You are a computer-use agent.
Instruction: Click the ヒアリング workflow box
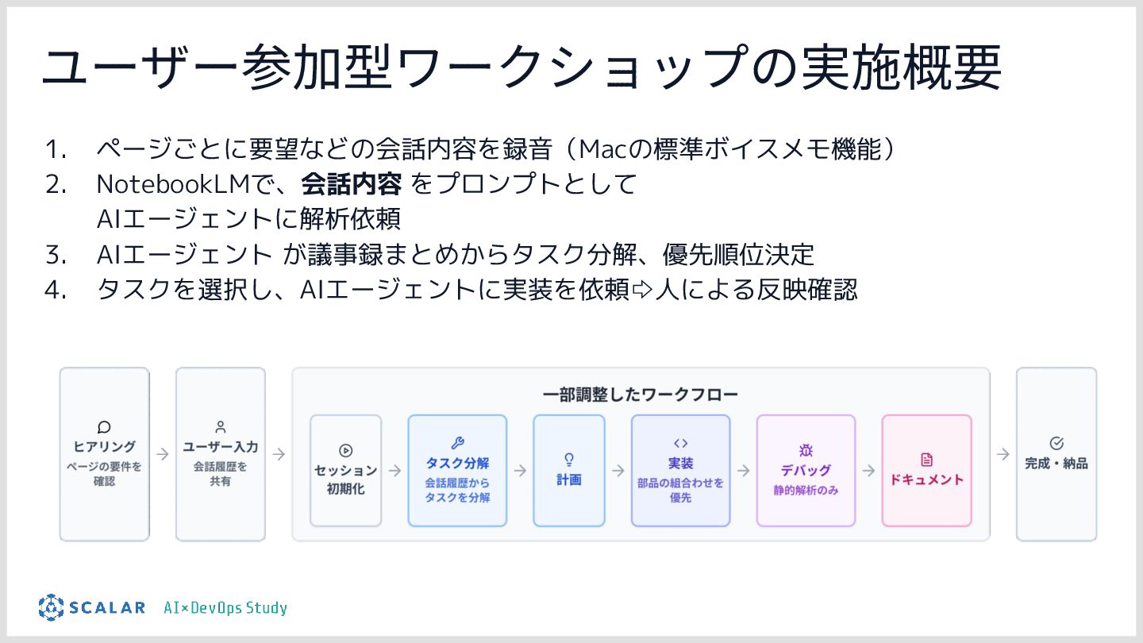tap(104, 454)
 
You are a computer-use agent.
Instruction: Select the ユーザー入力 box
tap(220, 454)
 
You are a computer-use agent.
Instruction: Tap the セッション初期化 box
tap(345, 470)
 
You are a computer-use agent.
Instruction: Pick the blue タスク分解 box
tap(457, 470)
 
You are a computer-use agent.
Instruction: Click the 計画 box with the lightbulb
tap(568, 470)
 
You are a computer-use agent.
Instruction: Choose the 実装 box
tap(680, 470)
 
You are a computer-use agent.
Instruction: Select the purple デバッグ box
tap(806, 470)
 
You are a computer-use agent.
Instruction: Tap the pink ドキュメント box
tap(926, 470)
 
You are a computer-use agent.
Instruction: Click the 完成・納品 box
tap(1056, 454)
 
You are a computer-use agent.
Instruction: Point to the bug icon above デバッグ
tap(806, 450)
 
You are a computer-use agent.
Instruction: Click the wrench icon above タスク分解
tap(457, 443)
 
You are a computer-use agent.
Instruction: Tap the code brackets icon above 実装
tap(680, 443)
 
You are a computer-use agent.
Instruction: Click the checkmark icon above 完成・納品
tap(1056, 443)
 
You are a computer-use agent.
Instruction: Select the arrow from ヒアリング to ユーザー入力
tap(162, 454)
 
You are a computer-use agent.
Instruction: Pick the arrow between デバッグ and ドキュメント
tap(868, 470)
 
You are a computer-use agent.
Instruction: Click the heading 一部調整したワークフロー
tap(641, 394)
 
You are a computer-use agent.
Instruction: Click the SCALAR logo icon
tap(51, 607)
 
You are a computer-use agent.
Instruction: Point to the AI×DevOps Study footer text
tap(225, 608)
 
